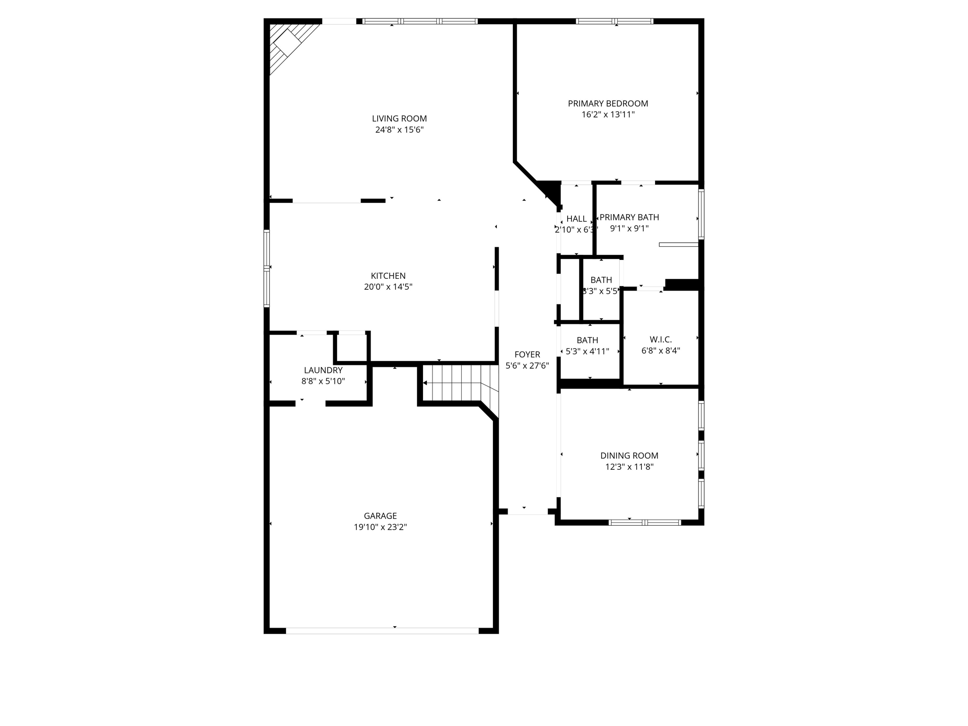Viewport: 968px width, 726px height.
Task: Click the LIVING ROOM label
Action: click(x=399, y=119)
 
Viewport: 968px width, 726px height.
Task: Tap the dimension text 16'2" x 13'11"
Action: click(x=608, y=114)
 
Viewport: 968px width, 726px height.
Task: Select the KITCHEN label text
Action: click(x=388, y=276)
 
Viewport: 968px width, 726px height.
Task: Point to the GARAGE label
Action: click(x=380, y=516)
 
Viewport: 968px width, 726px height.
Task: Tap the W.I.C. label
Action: click(x=660, y=339)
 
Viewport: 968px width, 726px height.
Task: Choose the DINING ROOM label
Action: click(x=629, y=456)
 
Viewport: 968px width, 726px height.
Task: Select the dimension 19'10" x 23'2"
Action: click(x=380, y=527)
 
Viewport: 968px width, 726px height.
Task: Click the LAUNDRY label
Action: click(x=323, y=370)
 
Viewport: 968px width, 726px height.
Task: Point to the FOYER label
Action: click(x=527, y=354)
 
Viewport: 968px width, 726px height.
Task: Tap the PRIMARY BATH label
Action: click(x=629, y=217)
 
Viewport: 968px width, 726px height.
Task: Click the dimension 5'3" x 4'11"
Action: click(x=587, y=351)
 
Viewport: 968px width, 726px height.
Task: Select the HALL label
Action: click(x=576, y=219)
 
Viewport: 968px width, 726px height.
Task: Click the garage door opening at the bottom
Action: click(x=382, y=631)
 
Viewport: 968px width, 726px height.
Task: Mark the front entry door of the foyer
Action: click(x=527, y=511)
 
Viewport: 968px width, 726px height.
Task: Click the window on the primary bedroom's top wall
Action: click(x=614, y=21)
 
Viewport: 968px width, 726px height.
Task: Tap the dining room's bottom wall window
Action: click(x=645, y=522)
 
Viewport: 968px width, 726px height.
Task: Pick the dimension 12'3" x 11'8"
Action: click(x=629, y=467)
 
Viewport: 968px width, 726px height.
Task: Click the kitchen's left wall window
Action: click(x=267, y=268)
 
